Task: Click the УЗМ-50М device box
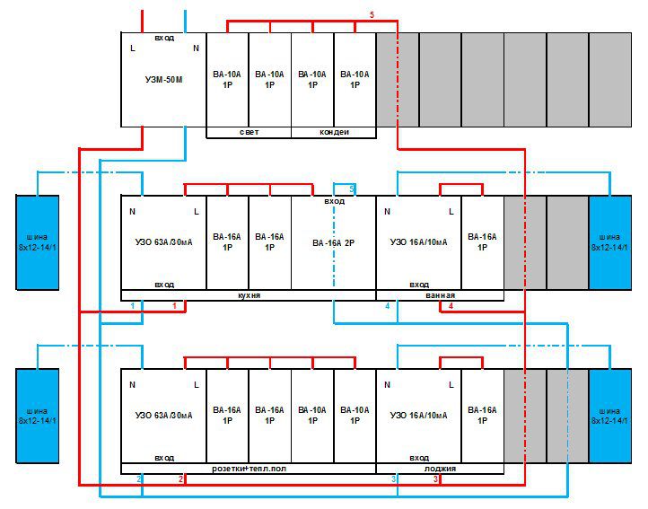coord(163,79)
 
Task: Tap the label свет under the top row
coord(249,133)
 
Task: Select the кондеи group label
coord(334,133)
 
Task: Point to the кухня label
coord(249,295)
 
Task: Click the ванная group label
coord(441,295)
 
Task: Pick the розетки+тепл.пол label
coord(249,469)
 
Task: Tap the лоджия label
coord(441,469)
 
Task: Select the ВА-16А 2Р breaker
coord(334,242)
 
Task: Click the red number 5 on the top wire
coord(372,15)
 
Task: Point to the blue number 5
coord(351,189)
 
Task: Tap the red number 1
coord(186,306)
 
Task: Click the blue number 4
coord(388,306)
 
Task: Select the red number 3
coord(436,479)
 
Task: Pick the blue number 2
coord(139,479)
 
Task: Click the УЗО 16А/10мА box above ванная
coord(418,242)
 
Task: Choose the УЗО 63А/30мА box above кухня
coord(163,242)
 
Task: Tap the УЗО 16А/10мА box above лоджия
coord(418,416)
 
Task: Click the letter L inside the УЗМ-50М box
coord(133,48)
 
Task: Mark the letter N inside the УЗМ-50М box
coord(196,48)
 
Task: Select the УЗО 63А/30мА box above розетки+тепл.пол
coord(163,416)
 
